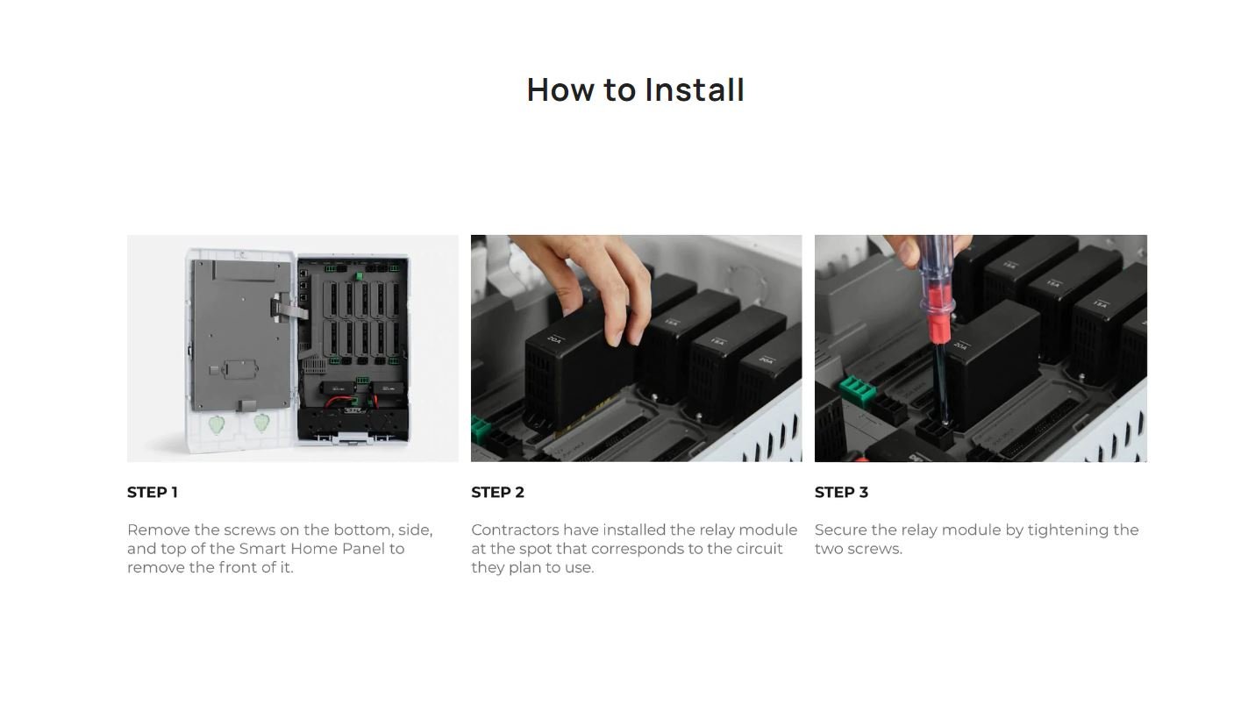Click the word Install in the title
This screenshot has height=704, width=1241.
click(695, 89)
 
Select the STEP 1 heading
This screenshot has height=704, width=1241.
click(153, 493)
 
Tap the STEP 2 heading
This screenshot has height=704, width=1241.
click(497, 493)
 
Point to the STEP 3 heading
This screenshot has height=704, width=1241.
click(841, 493)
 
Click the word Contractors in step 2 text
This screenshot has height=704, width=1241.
click(515, 530)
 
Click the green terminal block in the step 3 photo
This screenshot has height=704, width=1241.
click(857, 390)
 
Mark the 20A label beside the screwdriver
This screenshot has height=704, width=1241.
click(960, 345)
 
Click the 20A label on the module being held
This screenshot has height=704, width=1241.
click(554, 339)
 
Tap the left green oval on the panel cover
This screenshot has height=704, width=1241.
click(217, 425)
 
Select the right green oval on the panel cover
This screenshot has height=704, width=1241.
click(261, 423)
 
